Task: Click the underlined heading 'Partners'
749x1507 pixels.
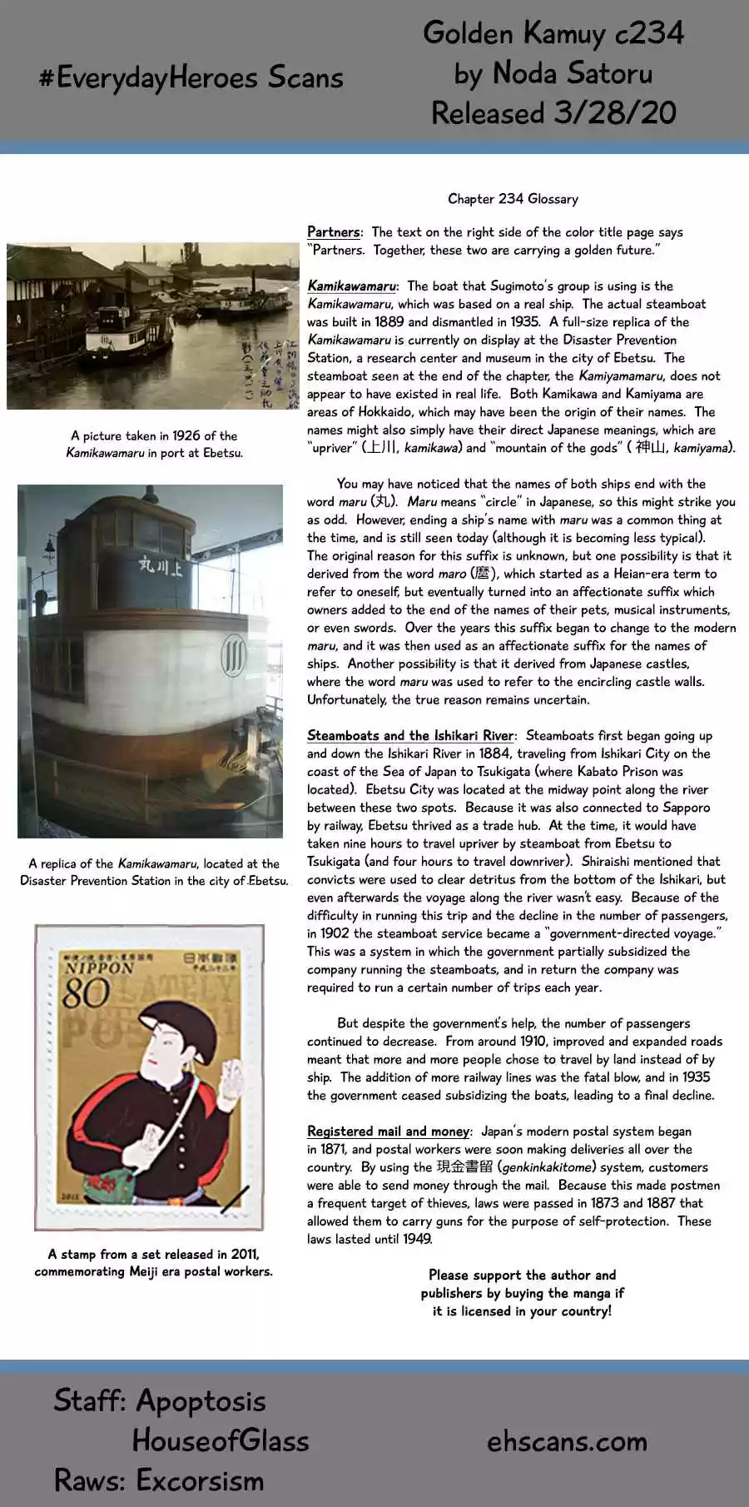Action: (334, 232)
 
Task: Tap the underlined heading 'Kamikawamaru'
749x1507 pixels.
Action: (352, 286)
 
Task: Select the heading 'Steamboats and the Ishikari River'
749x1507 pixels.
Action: (410, 736)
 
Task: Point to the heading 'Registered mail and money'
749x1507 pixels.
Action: (388, 1131)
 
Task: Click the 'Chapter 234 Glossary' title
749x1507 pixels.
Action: (513, 199)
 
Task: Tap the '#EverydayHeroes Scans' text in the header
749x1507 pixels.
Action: (191, 78)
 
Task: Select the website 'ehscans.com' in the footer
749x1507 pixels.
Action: (567, 1441)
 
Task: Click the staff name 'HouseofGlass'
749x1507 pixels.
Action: (221, 1440)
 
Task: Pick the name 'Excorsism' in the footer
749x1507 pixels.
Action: (200, 1480)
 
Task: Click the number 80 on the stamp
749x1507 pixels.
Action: (86, 993)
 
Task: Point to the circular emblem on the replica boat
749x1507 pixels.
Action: (234, 654)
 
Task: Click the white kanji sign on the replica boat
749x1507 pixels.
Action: (161, 567)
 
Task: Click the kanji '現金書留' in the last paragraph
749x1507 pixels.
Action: (464, 1167)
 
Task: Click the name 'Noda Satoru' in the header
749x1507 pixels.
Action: (573, 73)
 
